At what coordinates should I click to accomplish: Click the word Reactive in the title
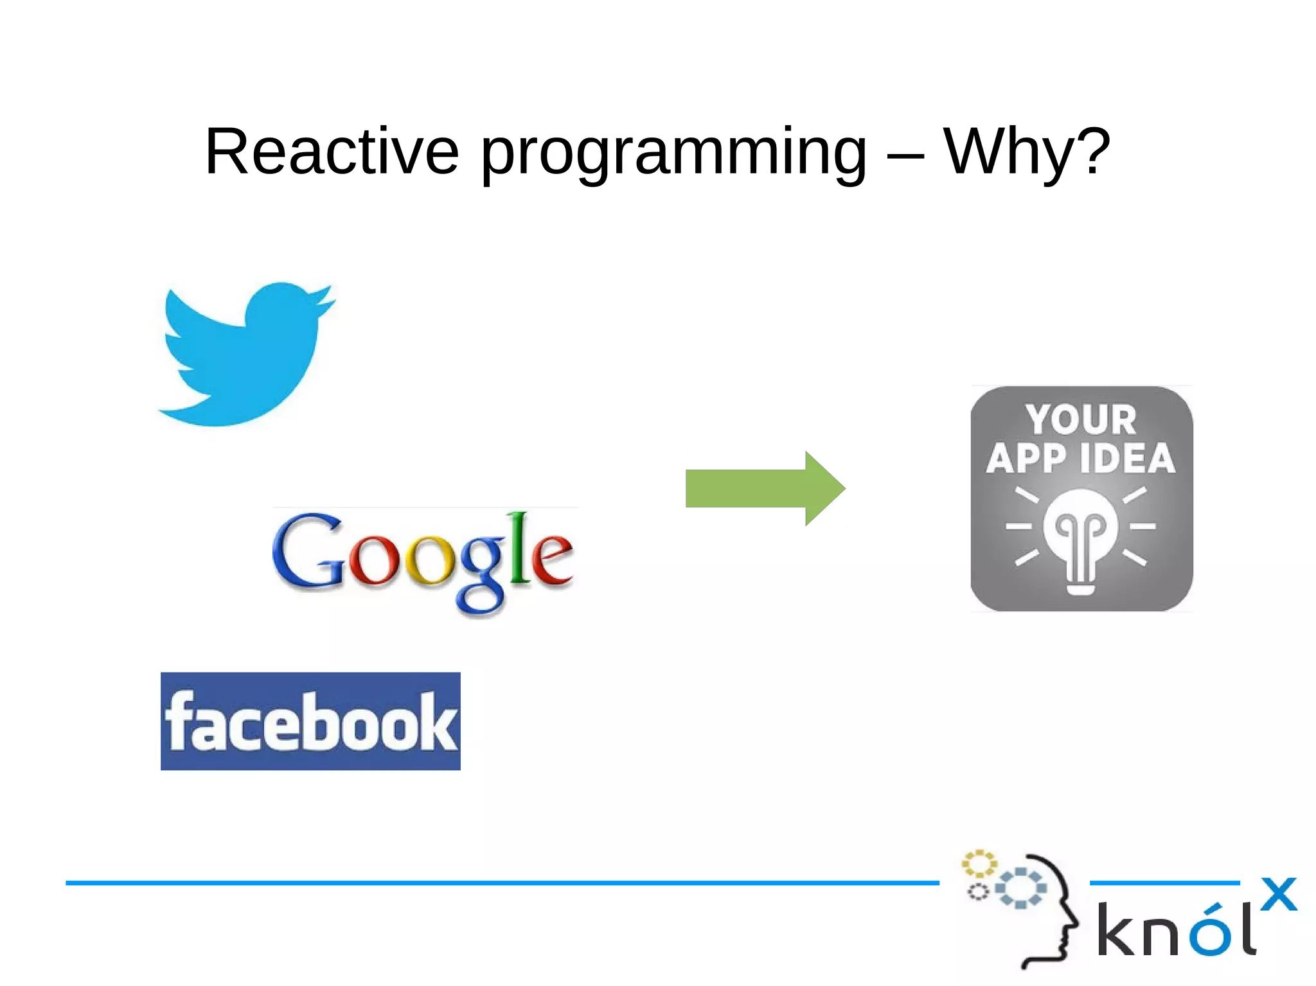[x=332, y=152]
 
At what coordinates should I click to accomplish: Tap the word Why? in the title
[x=1026, y=152]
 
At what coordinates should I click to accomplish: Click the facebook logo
[x=310, y=721]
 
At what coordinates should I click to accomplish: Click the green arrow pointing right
[x=765, y=488]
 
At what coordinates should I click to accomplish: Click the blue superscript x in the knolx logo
[x=1278, y=894]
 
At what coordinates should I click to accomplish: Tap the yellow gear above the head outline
[x=979, y=864]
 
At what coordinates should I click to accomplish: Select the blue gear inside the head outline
[x=1021, y=888]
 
